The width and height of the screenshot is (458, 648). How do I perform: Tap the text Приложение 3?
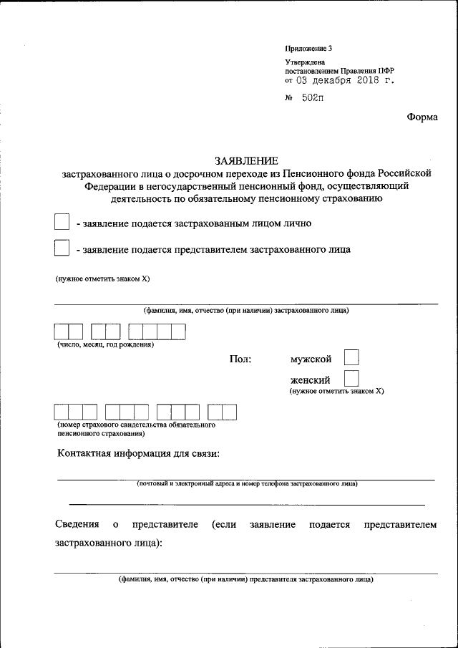(308, 49)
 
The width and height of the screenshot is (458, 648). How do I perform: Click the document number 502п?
(312, 98)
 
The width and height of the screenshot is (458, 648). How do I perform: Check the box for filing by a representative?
(62, 248)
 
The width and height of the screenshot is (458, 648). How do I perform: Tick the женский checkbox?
(351, 378)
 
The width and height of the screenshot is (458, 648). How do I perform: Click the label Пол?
(240, 359)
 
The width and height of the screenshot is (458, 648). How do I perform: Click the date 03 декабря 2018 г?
(344, 81)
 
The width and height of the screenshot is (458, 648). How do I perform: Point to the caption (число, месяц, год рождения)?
(106, 345)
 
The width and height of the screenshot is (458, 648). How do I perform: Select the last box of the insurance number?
(229, 412)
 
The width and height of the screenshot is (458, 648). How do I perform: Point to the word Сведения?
(77, 525)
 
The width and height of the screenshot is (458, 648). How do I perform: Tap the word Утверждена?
(305, 62)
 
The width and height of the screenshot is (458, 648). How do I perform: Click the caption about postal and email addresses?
(248, 484)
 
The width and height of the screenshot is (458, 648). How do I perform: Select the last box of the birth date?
(178, 332)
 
